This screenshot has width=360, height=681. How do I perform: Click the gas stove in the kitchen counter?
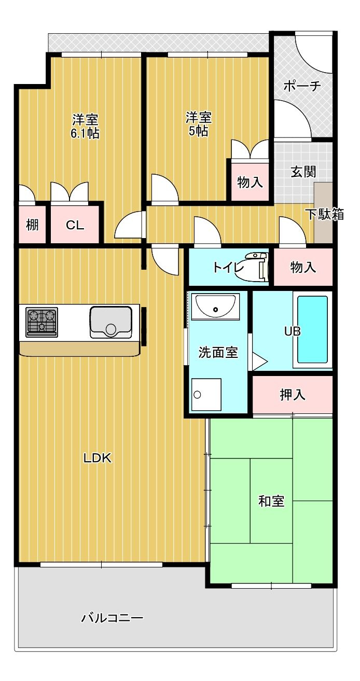coord(41,322)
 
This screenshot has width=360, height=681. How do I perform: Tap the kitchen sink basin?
coord(110,322)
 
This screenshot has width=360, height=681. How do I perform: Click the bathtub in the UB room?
coord(312,329)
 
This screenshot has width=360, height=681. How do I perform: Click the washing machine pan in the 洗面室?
coord(206,395)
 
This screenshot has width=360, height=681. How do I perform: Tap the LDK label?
coord(98,458)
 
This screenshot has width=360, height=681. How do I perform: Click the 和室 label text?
coord(271,502)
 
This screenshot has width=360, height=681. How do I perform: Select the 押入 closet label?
coord(293,395)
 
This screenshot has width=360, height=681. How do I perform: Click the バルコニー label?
coord(112,618)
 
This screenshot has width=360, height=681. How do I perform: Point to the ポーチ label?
coord(302,87)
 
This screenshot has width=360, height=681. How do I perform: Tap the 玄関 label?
coord(303,172)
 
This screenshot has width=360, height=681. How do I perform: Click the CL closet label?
coord(75,226)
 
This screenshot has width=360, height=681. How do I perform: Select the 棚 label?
coord(32,226)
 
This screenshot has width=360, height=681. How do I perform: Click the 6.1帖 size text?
coord(85,133)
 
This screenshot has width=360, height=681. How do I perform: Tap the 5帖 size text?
coord(199,131)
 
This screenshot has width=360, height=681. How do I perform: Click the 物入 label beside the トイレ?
coord(303,267)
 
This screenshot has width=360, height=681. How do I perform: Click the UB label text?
coord(292,331)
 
